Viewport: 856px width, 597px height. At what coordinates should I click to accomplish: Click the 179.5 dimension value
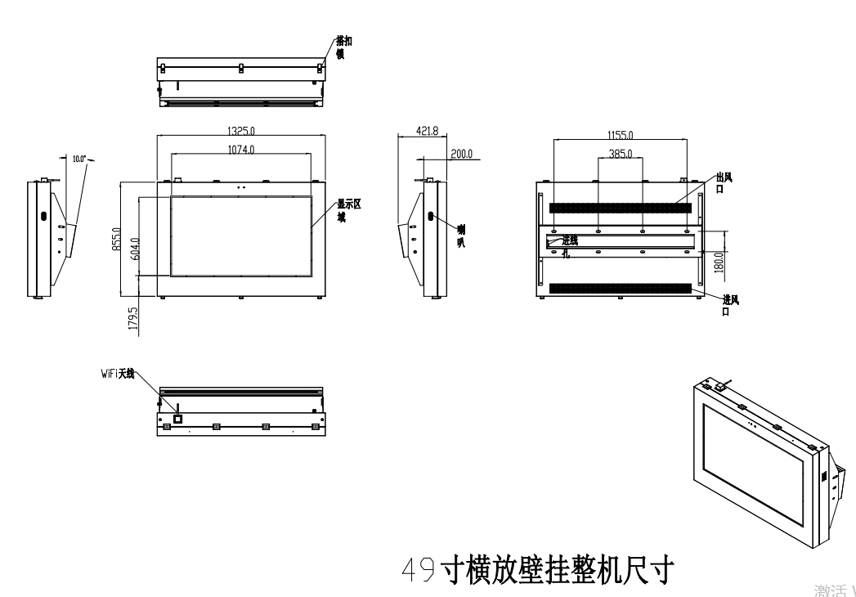[x=132, y=317]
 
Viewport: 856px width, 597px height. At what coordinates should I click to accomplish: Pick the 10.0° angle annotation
[x=79, y=159]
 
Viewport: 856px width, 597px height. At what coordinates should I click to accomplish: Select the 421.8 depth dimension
[x=427, y=132]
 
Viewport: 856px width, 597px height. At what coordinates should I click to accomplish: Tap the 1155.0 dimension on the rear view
[x=620, y=135]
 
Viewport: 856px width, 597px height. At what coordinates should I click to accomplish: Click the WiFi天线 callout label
[x=114, y=373]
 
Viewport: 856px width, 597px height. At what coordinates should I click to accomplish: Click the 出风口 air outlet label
[x=722, y=182]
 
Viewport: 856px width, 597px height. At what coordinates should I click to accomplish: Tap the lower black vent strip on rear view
[x=621, y=289]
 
